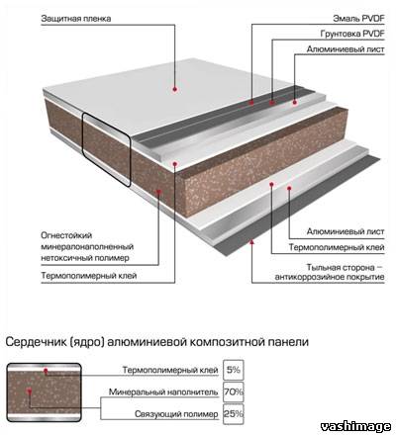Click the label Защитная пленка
click(76, 19)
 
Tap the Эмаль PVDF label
click(358, 19)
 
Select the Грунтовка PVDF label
click(352, 34)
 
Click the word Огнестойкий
click(66, 235)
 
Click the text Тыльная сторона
click(341, 267)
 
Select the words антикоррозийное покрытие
click(330, 277)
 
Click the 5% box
click(234, 370)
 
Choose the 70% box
click(234, 392)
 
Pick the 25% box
click(234, 414)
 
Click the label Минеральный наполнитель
click(163, 392)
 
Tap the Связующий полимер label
click(176, 414)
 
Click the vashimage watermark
click(355, 427)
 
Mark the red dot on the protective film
click(175, 89)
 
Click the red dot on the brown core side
click(158, 191)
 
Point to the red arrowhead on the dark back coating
click(252, 242)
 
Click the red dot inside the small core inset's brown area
click(30, 392)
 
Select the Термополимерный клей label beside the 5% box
click(170, 370)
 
